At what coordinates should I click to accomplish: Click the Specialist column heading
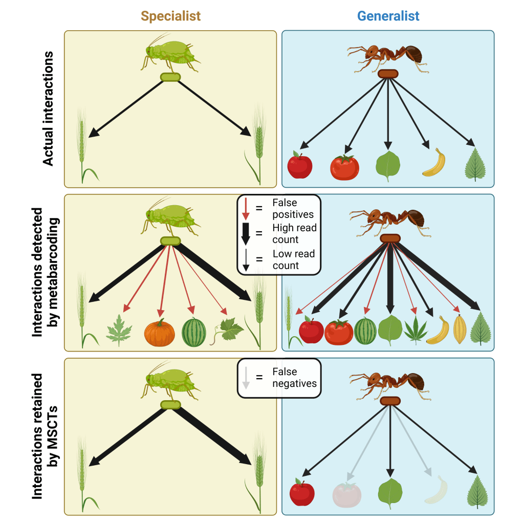(171, 16)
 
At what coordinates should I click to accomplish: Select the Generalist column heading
(388, 16)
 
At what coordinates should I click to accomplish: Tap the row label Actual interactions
(48, 108)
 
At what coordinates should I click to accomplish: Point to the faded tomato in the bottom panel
(347, 494)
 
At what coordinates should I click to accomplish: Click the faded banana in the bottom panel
(436, 492)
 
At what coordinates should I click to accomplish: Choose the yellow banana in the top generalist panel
(433, 162)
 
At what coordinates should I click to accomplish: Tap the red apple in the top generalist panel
(300, 164)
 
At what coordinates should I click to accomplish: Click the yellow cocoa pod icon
(460, 330)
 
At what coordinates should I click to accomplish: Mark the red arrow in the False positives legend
(246, 209)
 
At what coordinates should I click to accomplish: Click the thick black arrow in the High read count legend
(246, 233)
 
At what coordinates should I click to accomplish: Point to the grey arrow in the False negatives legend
(246, 378)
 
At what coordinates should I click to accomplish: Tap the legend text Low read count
(293, 259)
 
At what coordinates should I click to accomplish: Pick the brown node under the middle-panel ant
(390, 238)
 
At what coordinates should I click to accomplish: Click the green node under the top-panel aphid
(170, 77)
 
